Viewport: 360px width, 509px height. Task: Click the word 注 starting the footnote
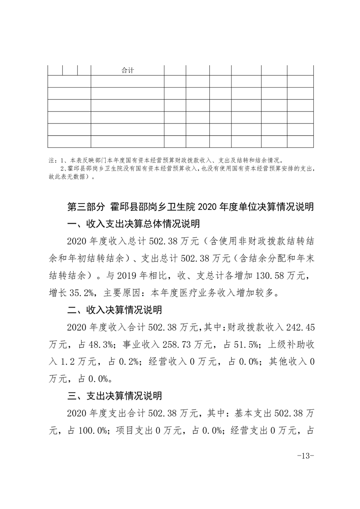pyautogui.click(x=50, y=160)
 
